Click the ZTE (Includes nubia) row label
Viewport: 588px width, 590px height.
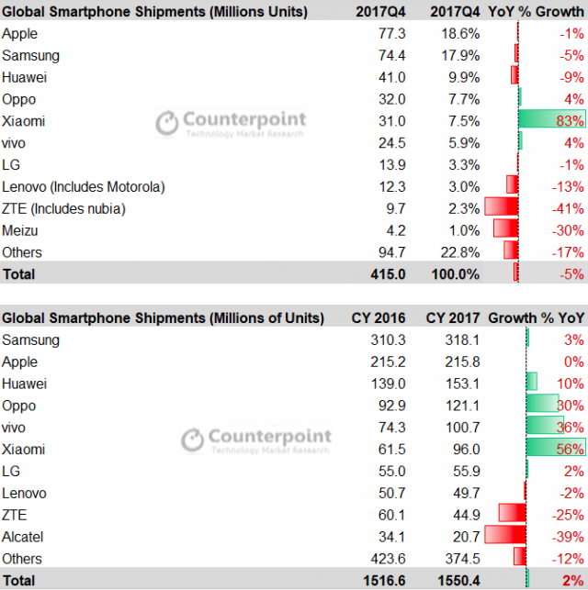pyautogui.click(x=63, y=208)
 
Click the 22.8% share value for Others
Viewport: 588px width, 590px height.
pyautogui.click(x=458, y=252)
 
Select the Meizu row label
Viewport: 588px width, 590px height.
pyautogui.click(x=20, y=230)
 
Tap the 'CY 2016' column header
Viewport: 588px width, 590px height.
pyautogui.click(x=379, y=318)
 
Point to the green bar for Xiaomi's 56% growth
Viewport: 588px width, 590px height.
pyautogui.click(x=555, y=450)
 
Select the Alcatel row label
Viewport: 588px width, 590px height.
pyautogui.click(x=23, y=537)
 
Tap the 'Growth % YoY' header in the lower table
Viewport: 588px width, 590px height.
pyautogui.click(x=536, y=318)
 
